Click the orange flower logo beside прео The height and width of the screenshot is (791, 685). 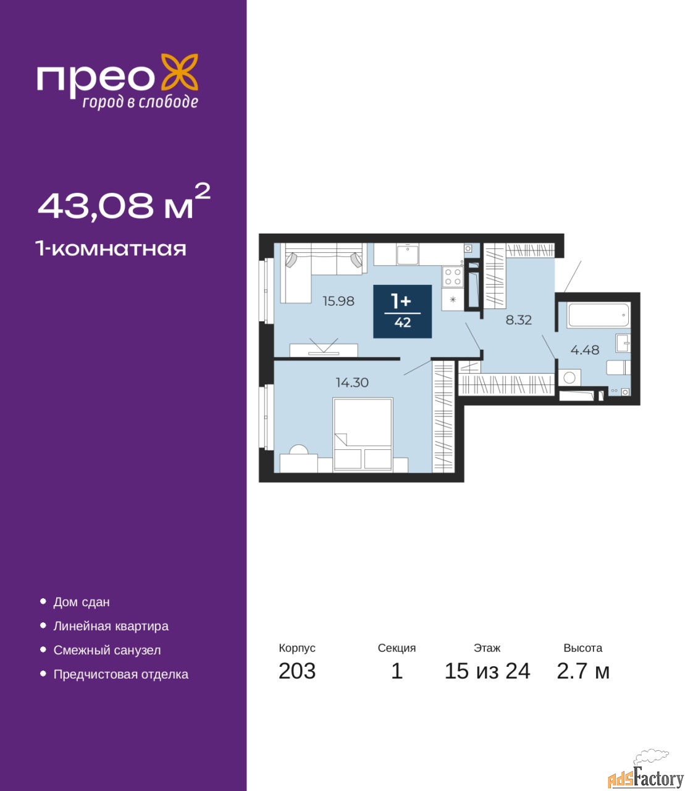(x=179, y=72)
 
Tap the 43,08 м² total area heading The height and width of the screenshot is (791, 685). (x=124, y=202)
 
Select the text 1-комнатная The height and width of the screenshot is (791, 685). (x=111, y=249)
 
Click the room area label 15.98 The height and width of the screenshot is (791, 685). (x=338, y=301)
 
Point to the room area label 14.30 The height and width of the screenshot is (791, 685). (x=352, y=383)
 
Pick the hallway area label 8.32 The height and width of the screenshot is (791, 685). (x=519, y=320)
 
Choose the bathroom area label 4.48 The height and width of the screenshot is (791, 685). (x=585, y=350)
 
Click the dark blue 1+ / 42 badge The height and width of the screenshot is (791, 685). (x=402, y=311)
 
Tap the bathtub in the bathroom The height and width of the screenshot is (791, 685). (x=599, y=315)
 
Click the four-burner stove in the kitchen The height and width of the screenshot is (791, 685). (x=453, y=277)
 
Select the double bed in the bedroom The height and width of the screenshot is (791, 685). (x=363, y=434)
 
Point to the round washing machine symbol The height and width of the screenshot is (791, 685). (x=569, y=378)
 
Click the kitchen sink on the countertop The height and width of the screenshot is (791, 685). (x=408, y=254)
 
